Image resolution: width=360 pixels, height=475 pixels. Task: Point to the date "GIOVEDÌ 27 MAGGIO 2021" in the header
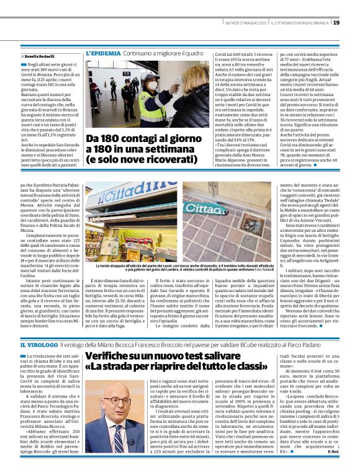tap(246, 23)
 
